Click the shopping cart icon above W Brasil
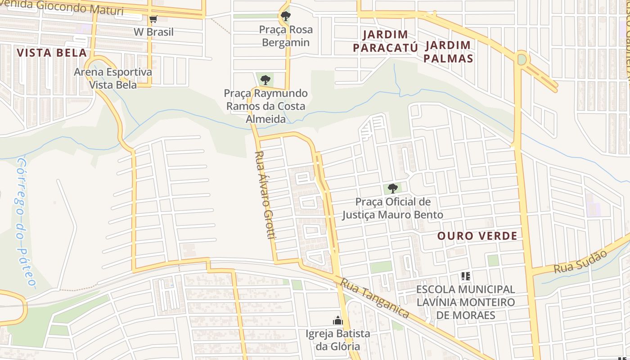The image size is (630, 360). (x=153, y=19)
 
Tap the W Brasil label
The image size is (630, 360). (x=153, y=32)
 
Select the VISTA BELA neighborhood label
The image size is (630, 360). (x=52, y=53)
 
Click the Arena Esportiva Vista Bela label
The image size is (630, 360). (x=113, y=78)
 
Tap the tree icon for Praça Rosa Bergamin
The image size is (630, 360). (x=285, y=17)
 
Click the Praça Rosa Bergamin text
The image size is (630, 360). (x=286, y=36)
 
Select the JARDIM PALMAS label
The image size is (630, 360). (x=448, y=52)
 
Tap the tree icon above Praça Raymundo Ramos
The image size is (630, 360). (x=265, y=80)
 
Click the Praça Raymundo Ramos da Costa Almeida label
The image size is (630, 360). (x=265, y=106)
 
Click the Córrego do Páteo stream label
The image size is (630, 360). (x=25, y=223)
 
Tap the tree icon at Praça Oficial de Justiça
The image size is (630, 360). (x=392, y=188)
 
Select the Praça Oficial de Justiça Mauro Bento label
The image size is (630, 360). (x=392, y=208)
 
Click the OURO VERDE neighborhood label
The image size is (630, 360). (x=477, y=236)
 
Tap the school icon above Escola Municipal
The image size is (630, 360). (x=466, y=276)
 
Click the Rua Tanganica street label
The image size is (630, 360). (x=374, y=298)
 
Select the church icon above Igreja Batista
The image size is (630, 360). (x=337, y=320)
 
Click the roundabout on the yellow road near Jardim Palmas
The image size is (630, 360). (x=522, y=59)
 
